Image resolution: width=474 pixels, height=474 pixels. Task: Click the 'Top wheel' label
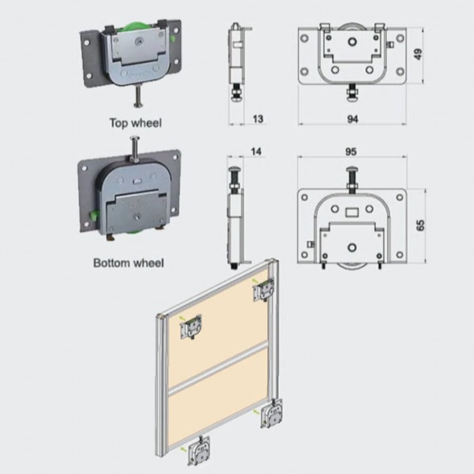(x=136, y=123)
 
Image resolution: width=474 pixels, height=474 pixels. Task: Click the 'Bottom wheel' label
(x=128, y=263)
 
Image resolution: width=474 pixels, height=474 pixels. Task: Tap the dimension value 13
(x=257, y=119)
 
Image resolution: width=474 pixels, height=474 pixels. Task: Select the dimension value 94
(x=353, y=119)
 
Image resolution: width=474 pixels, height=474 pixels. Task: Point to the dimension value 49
(x=418, y=55)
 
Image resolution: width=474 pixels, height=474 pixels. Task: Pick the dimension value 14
(x=256, y=151)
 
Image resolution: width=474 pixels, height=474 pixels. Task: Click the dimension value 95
(x=351, y=152)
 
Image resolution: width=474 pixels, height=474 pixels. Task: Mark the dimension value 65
(x=420, y=226)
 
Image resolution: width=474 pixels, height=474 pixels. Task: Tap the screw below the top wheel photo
(x=138, y=96)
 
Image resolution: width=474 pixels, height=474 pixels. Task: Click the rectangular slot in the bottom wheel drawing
(x=352, y=212)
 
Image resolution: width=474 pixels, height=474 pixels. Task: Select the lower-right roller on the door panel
(x=272, y=413)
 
